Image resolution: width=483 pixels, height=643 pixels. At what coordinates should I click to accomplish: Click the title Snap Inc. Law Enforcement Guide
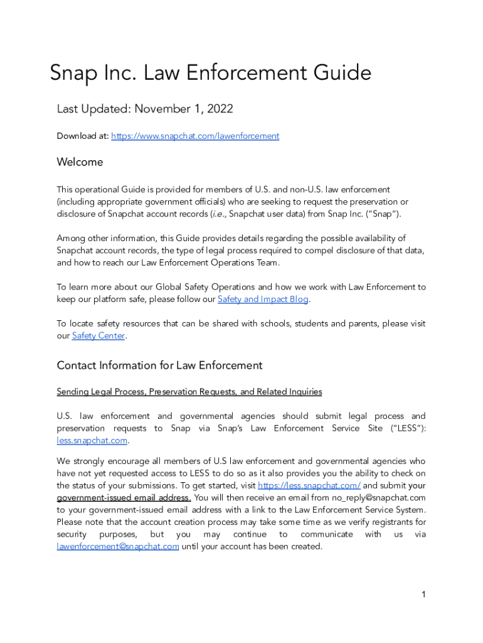pyautogui.click(x=211, y=73)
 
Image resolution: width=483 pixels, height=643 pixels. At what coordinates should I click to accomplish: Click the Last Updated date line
pyautogui.click(x=145, y=109)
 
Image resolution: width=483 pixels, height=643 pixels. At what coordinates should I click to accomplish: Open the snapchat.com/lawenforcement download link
pyautogui.click(x=195, y=136)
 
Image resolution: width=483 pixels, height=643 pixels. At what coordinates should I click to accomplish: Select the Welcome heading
pyautogui.click(x=80, y=162)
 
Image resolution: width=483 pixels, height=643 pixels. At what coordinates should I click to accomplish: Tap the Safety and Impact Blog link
pyautogui.click(x=263, y=300)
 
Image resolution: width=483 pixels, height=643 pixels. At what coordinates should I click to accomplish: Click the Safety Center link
pyautogui.click(x=99, y=336)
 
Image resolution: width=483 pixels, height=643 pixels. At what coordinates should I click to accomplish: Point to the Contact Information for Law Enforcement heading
pyautogui.click(x=159, y=365)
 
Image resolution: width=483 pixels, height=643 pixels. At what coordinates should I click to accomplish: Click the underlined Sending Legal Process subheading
pyautogui.click(x=189, y=392)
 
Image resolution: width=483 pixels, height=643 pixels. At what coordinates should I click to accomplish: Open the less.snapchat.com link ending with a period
pyautogui.click(x=92, y=440)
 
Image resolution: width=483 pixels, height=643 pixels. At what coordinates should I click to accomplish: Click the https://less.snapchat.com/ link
pyautogui.click(x=309, y=485)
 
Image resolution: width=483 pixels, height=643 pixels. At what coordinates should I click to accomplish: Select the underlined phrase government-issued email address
pyautogui.click(x=124, y=498)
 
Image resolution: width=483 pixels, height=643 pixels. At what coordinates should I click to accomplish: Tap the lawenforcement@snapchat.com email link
pyautogui.click(x=118, y=546)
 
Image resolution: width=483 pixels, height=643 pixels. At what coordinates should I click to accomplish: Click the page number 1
pyautogui.click(x=424, y=594)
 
